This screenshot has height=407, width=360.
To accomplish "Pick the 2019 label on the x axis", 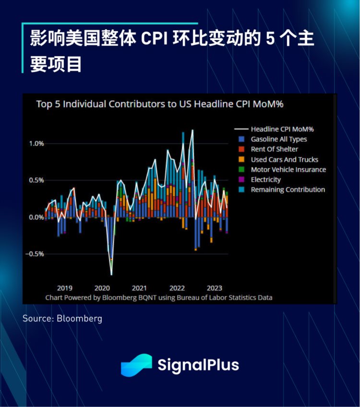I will tap(65, 288).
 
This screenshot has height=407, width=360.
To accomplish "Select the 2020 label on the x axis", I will tap(102, 288).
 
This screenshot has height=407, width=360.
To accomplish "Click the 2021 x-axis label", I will tap(139, 288).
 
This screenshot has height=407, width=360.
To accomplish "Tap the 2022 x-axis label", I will tap(177, 288).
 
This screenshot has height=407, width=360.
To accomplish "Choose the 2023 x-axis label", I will tap(214, 288).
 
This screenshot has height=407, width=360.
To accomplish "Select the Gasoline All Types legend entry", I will tap(279, 139).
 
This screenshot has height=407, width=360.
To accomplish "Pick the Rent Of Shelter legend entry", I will tap(274, 149).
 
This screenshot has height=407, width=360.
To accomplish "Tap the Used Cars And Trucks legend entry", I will tap(284, 159).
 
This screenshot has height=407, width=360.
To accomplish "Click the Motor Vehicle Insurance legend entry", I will tap(288, 169).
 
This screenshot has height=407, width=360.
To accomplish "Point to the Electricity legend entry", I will tap(265, 180).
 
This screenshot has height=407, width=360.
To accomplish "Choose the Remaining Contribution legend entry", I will tap(288, 190).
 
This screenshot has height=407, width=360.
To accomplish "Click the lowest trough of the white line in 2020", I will tap(111, 275).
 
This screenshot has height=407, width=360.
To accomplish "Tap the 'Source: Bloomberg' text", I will tap(62, 318).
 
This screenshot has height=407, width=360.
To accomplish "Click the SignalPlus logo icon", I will tap(136, 365).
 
